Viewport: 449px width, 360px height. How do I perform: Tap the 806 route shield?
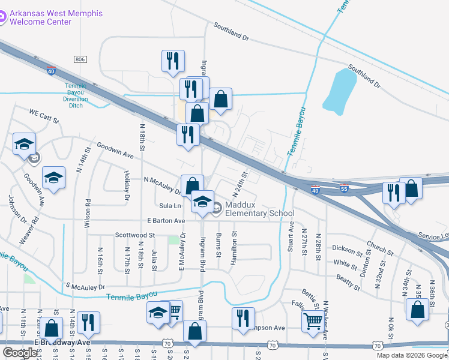coord(80,59)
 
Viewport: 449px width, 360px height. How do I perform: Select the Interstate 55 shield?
coord(343,187)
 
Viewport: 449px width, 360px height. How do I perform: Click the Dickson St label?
coord(349,247)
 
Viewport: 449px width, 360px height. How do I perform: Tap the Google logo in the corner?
coord(20,353)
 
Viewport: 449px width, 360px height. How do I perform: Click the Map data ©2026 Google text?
coord(411,355)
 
